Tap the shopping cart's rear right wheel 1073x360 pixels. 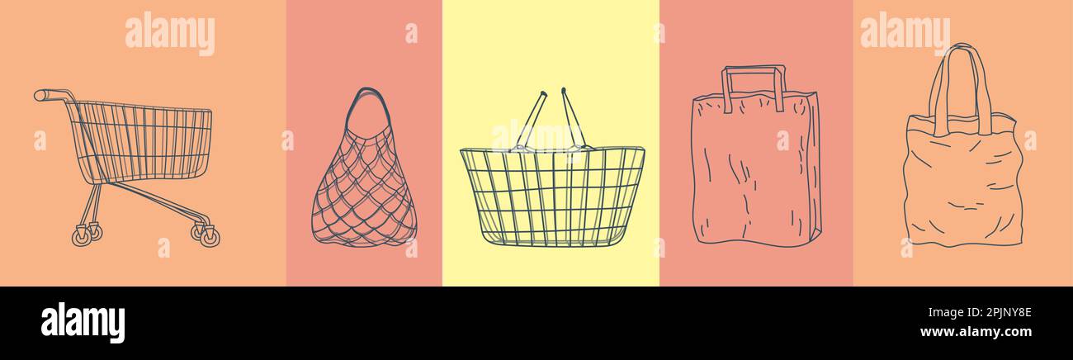click(210, 237)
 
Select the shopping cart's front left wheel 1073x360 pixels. click(82, 237)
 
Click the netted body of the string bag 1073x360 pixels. click(363, 194)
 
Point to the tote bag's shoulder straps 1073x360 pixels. click(959, 83)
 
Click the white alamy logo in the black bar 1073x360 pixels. click(83, 323)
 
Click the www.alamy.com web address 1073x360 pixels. click(976, 332)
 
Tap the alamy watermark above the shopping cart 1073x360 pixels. click(169, 33)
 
